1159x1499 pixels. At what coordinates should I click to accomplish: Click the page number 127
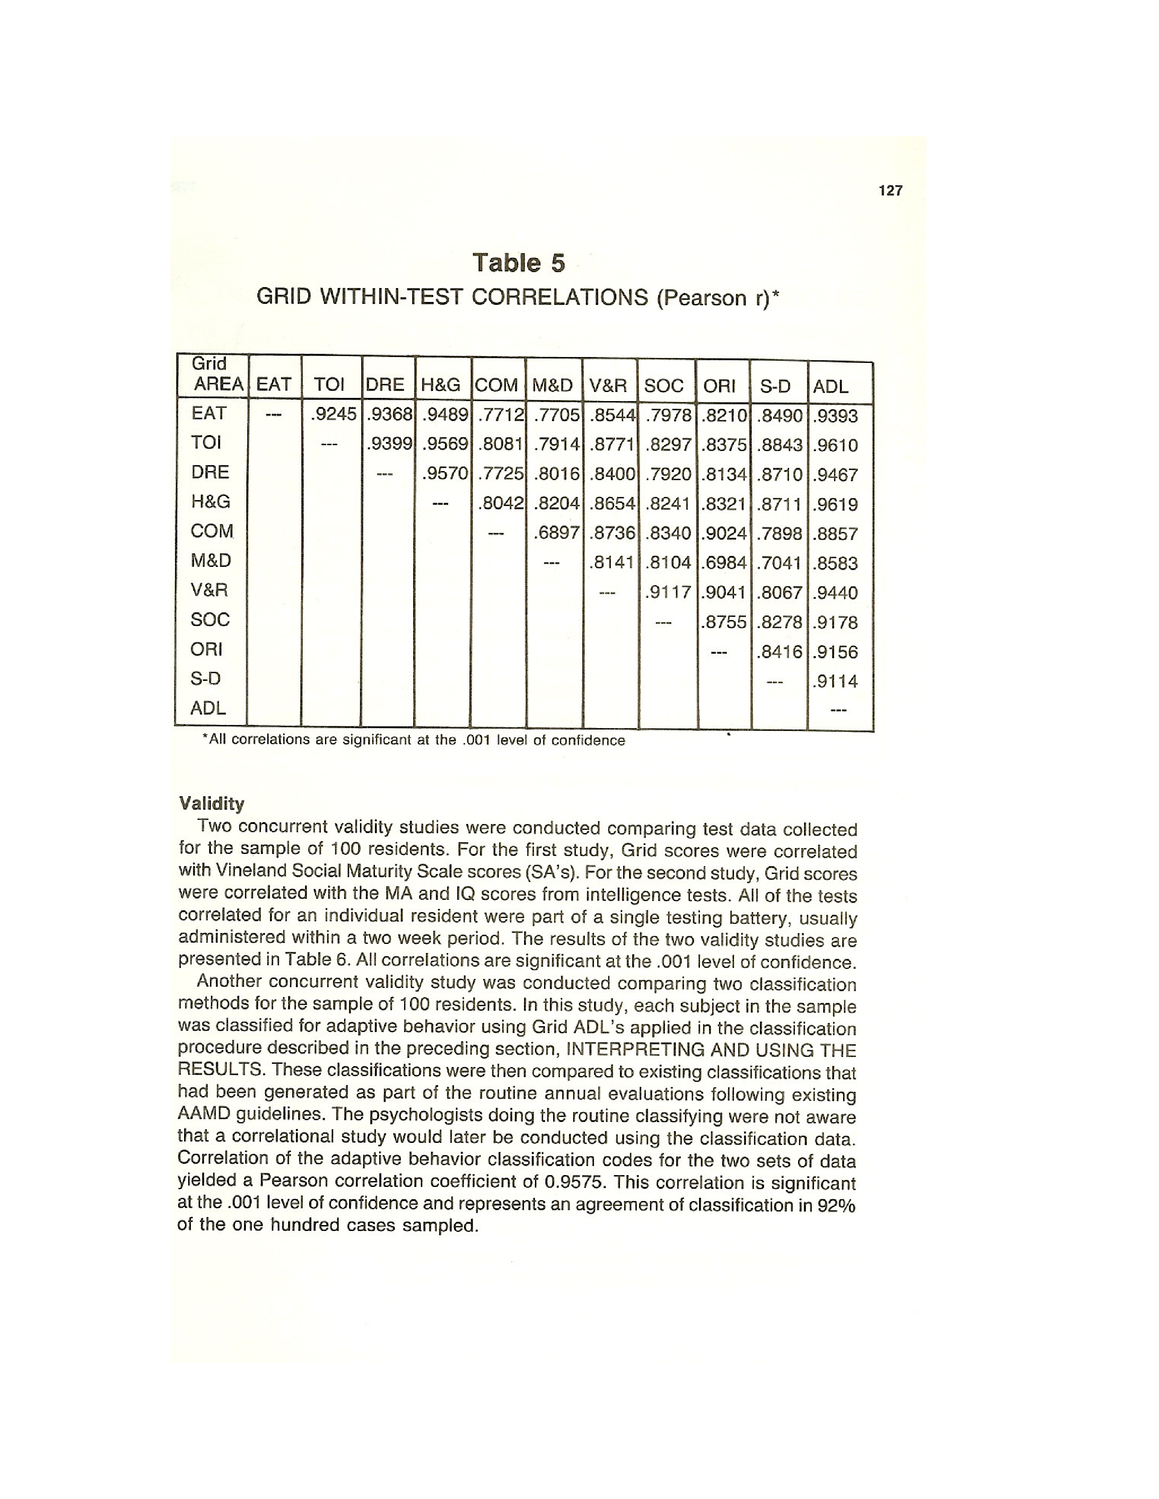890,191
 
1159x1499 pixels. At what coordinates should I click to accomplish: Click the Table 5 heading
519,263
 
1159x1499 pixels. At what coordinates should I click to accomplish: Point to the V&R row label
210,590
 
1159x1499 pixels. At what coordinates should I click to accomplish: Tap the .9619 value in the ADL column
835,505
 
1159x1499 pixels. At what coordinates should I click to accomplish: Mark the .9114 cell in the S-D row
835,681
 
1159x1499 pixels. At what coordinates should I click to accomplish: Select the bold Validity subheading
211,803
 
